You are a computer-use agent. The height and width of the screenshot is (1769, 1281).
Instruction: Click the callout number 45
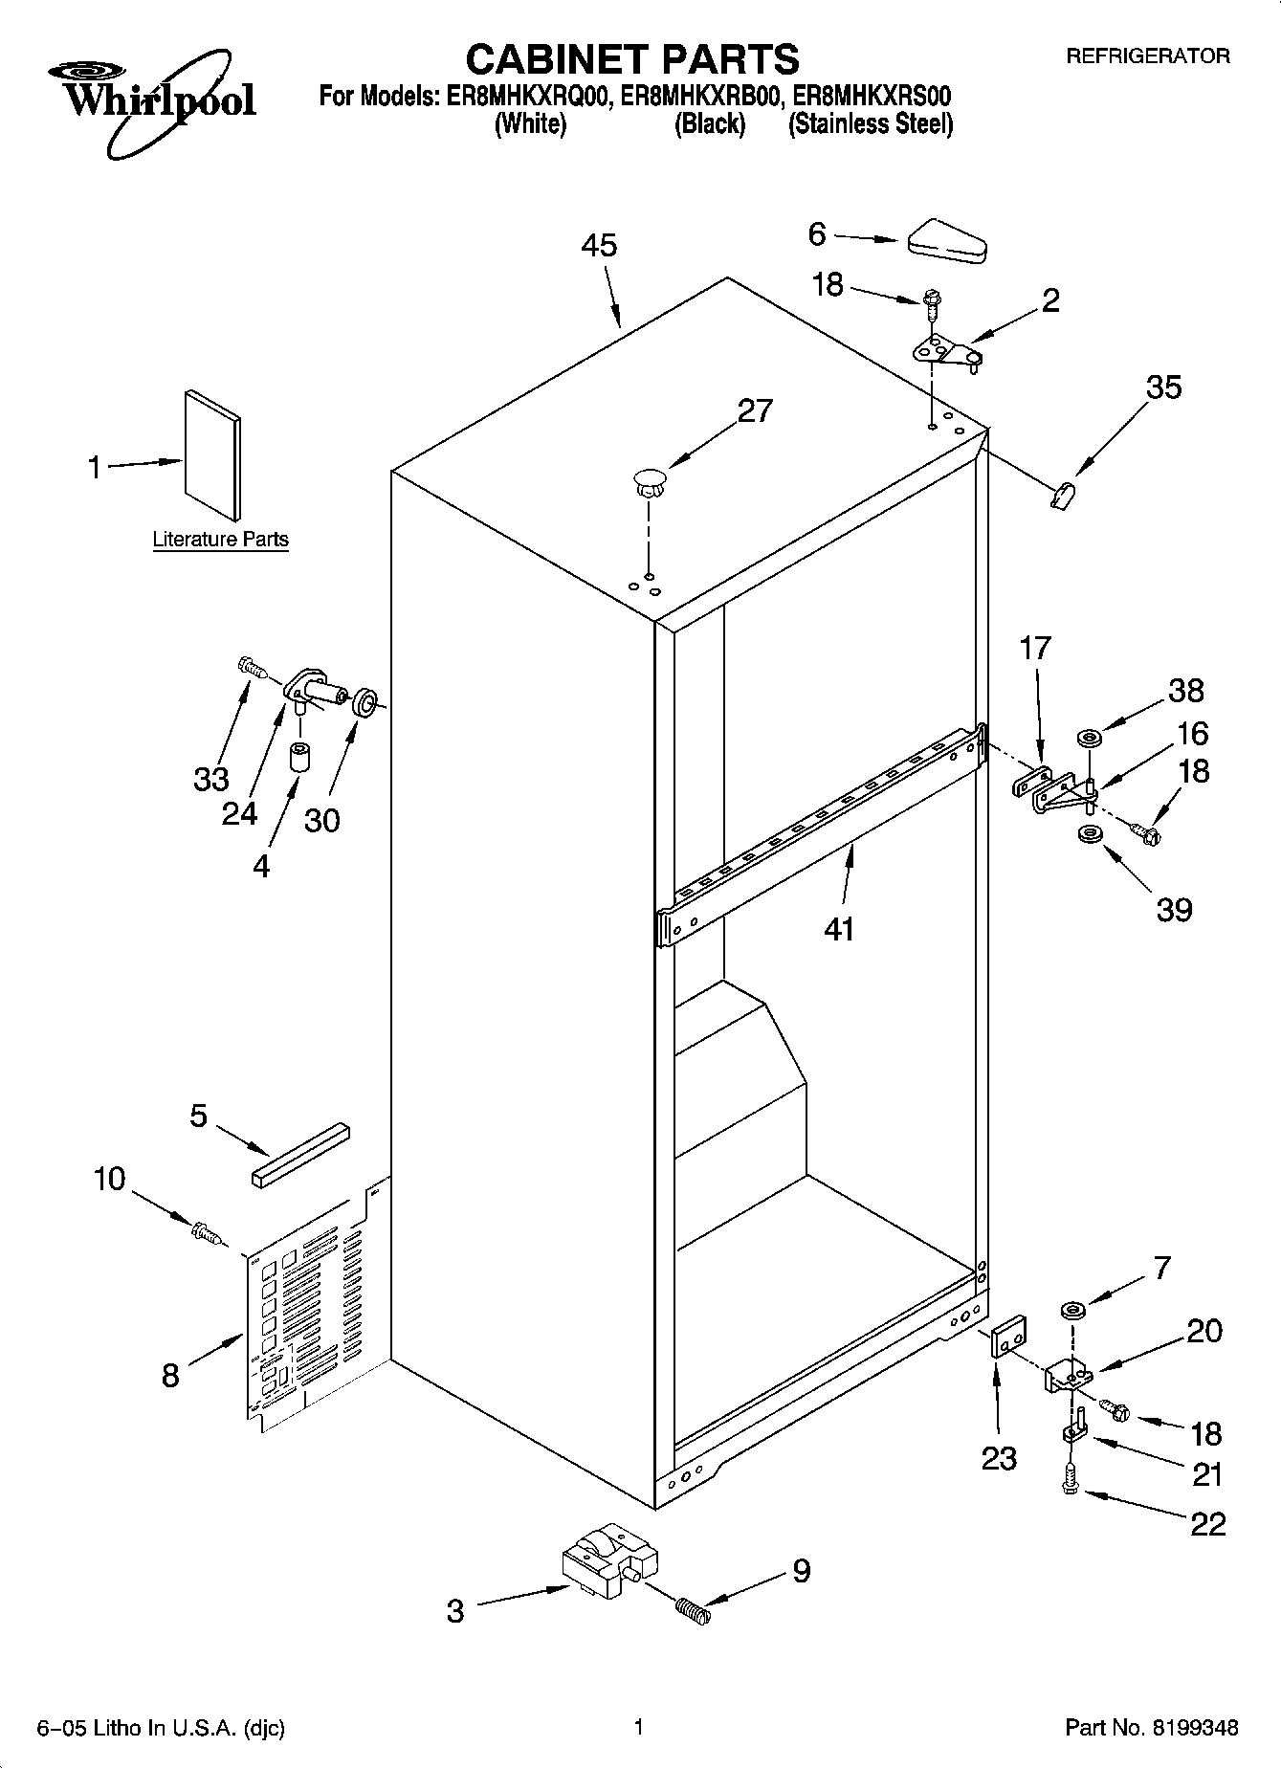tap(599, 246)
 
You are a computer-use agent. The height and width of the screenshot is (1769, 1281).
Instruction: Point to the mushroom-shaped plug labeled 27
tap(648, 480)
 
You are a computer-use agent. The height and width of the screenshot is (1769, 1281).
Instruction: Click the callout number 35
tap(1162, 387)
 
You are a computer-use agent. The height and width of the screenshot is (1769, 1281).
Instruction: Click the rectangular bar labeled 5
tap(300, 1156)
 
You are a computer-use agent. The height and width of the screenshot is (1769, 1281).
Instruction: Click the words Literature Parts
tap(220, 540)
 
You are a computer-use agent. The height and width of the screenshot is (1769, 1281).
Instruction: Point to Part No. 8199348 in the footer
tap(1151, 1728)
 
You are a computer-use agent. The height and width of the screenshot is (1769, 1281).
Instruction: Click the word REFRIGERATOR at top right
tap(1147, 56)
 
